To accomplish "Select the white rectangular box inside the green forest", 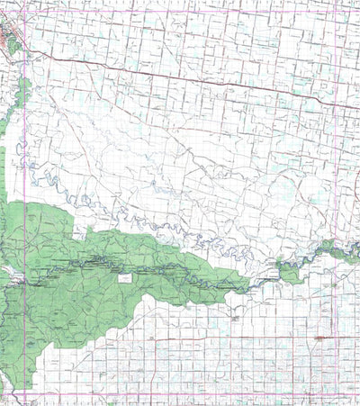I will [125, 278].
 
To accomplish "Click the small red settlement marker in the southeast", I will [320, 338].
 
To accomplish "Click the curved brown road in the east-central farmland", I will [270, 180].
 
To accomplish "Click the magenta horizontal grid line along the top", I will [180, 14].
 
